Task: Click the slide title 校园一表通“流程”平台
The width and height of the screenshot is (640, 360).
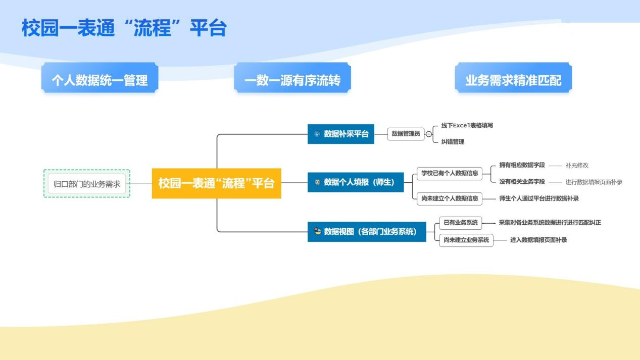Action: point(124,28)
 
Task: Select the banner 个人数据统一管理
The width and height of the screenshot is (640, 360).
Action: point(100,80)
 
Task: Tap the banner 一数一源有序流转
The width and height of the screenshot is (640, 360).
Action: point(292,80)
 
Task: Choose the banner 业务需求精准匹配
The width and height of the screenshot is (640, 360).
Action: point(513,80)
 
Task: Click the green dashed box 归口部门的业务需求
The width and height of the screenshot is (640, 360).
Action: point(87,184)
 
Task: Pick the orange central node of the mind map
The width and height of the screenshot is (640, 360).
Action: point(216,183)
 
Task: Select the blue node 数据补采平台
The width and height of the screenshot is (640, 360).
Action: point(340,134)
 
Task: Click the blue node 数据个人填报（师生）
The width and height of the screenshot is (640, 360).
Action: point(356,182)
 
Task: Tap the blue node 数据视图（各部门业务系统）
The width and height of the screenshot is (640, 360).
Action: point(367,232)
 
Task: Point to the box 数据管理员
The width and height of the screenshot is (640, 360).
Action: point(406,134)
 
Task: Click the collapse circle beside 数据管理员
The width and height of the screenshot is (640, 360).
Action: point(429,134)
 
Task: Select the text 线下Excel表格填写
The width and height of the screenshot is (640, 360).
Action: point(467,125)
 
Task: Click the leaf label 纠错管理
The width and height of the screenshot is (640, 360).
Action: point(453,142)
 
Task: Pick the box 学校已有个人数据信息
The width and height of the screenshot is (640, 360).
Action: point(450,173)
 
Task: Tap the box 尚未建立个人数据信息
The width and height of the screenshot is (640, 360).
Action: point(450,198)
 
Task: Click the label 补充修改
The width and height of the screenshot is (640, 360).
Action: point(577,165)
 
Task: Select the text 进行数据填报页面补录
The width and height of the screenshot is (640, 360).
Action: point(594,182)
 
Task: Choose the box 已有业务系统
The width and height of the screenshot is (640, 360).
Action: point(460,223)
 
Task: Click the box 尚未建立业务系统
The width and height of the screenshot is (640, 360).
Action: point(466,240)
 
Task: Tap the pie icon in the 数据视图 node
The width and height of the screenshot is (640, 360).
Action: point(317,232)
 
